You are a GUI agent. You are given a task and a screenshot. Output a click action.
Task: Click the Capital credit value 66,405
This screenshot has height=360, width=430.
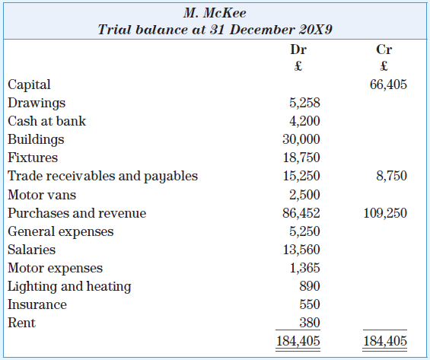pos(388,84)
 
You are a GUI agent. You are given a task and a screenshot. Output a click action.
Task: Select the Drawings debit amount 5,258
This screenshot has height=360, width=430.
pos(304,103)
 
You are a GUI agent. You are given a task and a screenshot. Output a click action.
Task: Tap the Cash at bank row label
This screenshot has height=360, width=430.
pos(46,121)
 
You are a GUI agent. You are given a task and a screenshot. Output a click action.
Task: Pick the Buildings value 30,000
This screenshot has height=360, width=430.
pos(301,139)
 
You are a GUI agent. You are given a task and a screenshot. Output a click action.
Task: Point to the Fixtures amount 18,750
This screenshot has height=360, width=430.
pos(301,158)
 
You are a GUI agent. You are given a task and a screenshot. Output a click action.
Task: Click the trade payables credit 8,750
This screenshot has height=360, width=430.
pos(392,176)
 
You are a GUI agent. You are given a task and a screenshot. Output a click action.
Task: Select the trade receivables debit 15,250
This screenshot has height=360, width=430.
pos(301,176)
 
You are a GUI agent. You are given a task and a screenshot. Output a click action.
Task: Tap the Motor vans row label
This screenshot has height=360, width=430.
pos(42,195)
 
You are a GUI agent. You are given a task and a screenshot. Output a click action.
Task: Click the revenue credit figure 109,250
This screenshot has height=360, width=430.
pos(385,213)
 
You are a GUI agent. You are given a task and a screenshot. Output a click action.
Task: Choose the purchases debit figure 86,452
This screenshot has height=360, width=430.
pos(301,213)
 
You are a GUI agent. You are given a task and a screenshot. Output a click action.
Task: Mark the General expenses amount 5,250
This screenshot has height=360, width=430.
pos(304,231)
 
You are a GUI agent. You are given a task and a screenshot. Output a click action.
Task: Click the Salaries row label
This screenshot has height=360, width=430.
pos(31,250)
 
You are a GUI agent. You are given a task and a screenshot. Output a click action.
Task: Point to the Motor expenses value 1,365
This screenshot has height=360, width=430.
pos(305,268)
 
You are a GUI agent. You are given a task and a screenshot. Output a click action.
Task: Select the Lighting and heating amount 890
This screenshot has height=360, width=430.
pos(310,286)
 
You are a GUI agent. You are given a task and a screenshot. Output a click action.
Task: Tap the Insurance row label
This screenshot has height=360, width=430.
pos(37,304)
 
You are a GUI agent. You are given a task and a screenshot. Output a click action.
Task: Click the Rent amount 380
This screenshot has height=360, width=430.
pos(310,323)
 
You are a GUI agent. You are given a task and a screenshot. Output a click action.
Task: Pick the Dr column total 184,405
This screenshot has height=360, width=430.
pos(298,341)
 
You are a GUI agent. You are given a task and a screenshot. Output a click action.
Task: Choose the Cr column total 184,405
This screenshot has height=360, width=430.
pos(385,341)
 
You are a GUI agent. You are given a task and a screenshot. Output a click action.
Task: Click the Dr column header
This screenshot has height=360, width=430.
pos(298,49)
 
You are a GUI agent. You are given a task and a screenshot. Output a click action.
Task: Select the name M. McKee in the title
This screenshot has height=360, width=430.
pos(215,13)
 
